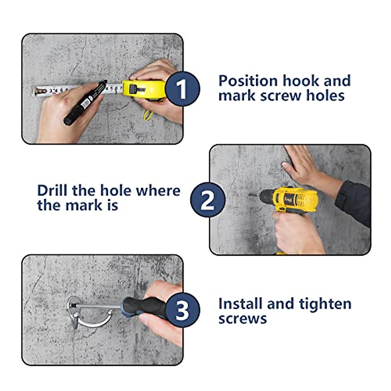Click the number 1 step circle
pos(182,89)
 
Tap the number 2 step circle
pos(208,199)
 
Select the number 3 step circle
pos(182,310)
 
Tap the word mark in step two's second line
pos(84,205)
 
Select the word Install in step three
pos(241,304)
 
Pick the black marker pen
pos(85,102)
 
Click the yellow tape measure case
pos(144,90)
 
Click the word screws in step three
pos(242,319)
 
